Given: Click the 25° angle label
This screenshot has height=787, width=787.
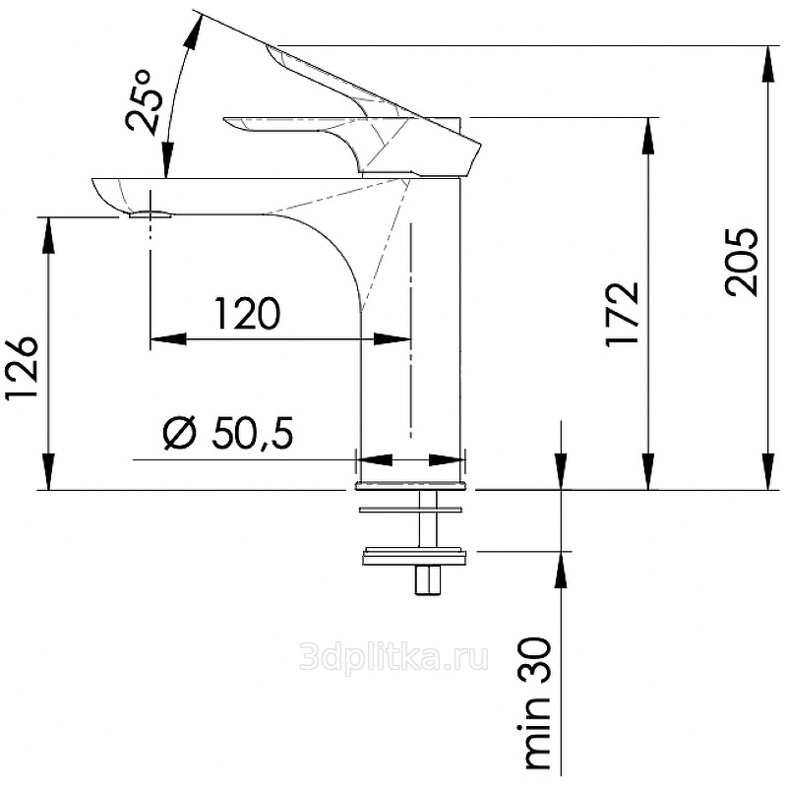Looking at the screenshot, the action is click(145, 101).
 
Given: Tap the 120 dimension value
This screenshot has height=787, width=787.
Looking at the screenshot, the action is click(247, 313).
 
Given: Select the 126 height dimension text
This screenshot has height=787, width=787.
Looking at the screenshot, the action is click(22, 367).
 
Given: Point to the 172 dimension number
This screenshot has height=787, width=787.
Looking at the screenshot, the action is click(623, 315).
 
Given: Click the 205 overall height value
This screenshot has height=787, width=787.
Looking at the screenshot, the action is click(741, 262).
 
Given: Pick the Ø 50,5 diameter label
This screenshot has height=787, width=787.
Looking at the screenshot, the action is click(228, 432).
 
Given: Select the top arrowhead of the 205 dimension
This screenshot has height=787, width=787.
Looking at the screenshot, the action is click(768, 64).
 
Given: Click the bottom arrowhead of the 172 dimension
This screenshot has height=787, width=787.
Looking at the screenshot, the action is click(648, 471).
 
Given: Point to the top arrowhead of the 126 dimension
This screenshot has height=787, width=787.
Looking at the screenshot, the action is click(48, 235).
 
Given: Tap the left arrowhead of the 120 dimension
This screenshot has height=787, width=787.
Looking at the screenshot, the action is click(168, 339).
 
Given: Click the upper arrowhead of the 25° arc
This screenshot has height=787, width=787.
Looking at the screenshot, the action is click(194, 31).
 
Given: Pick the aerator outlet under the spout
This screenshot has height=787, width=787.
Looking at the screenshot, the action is click(151, 214).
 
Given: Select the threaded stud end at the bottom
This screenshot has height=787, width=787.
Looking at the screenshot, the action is click(427, 580).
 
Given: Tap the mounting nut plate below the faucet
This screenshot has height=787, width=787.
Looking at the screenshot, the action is click(413, 556).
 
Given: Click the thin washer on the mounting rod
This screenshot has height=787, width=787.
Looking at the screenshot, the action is click(410, 510).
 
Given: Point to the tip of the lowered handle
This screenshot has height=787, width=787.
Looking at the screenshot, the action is click(226, 121).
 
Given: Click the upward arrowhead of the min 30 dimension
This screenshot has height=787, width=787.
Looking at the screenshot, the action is click(562, 570).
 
